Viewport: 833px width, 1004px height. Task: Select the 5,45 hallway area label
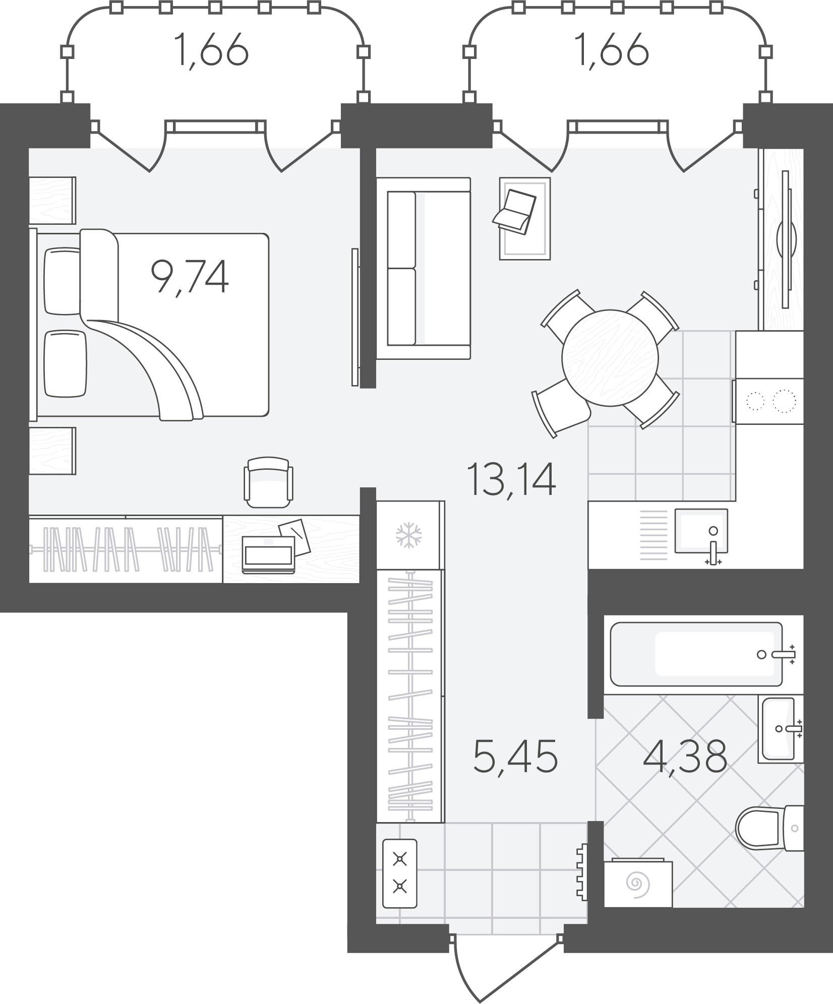click(x=515, y=770)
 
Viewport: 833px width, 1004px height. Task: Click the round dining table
click(x=610, y=358)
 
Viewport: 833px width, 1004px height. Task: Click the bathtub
click(x=696, y=654)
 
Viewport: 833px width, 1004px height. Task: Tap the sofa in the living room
click(x=428, y=269)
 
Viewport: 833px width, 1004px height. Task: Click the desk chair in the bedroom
click(x=268, y=482)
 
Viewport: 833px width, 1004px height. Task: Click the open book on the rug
click(x=514, y=212)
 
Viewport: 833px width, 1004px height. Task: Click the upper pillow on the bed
click(x=63, y=281)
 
